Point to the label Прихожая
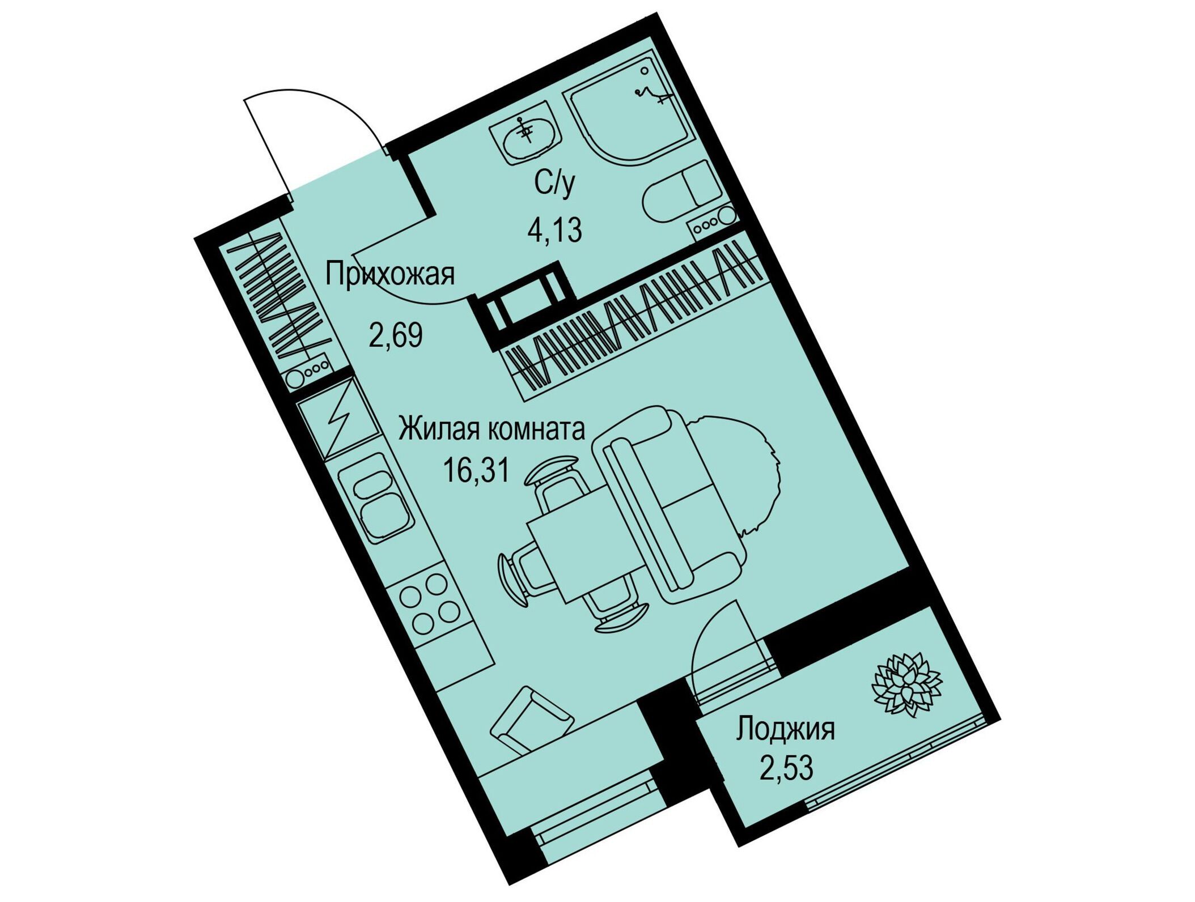point(390,274)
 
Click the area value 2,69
point(396,335)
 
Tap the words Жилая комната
point(491,429)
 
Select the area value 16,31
point(476,470)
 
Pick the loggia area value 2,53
point(786,768)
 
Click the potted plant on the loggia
point(906,684)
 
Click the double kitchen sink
point(376,496)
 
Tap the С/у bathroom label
point(554,183)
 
